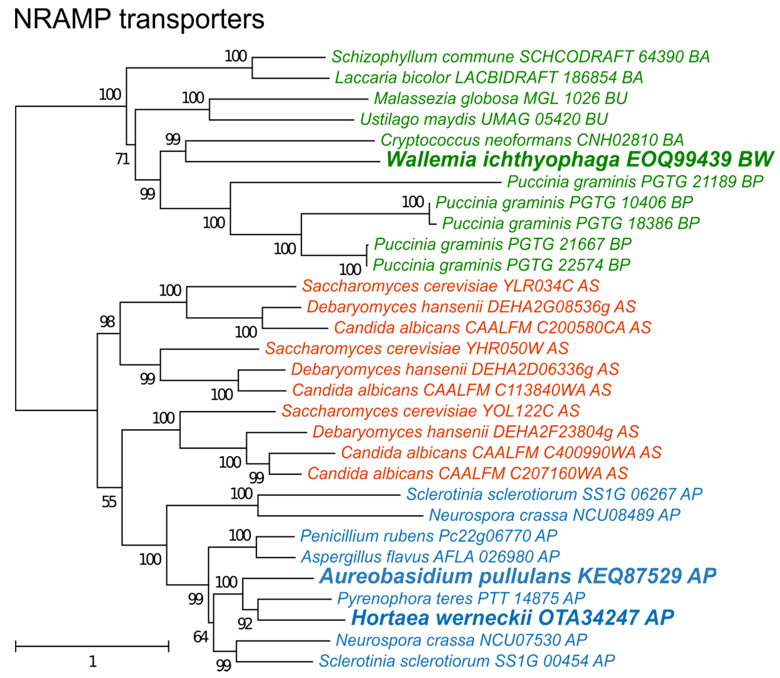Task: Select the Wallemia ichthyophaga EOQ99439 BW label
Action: pyautogui.click(x=580, y=159)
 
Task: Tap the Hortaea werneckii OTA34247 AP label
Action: pyautogui.click(x=513, y=618)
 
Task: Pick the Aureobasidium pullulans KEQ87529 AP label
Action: pyautogui.click(x=518, y=576)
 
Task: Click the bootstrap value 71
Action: pyautogui.click(x=122, y=159)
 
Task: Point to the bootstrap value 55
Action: pyautogui.click(x=109, y=502)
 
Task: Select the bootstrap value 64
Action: pyautogui.click(x=201, y=637)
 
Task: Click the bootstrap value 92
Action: pyautogui.click(x=245, y=624)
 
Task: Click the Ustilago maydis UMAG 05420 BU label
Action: pyautogui.click(x=484, y=119)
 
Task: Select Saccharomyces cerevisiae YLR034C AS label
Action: pyautogui.click(x=450, y=286)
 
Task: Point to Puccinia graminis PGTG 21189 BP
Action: pyautogui.click(x=635, y=182)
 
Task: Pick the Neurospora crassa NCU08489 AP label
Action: pyautogui.click(x=554, y=515)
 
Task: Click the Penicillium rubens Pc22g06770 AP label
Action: pyautogui.click(x=428, y=536)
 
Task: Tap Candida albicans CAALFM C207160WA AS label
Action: pyautogui.click(x=467, y=474)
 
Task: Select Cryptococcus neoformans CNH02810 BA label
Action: pyautogui.click(x=532, y=140)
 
